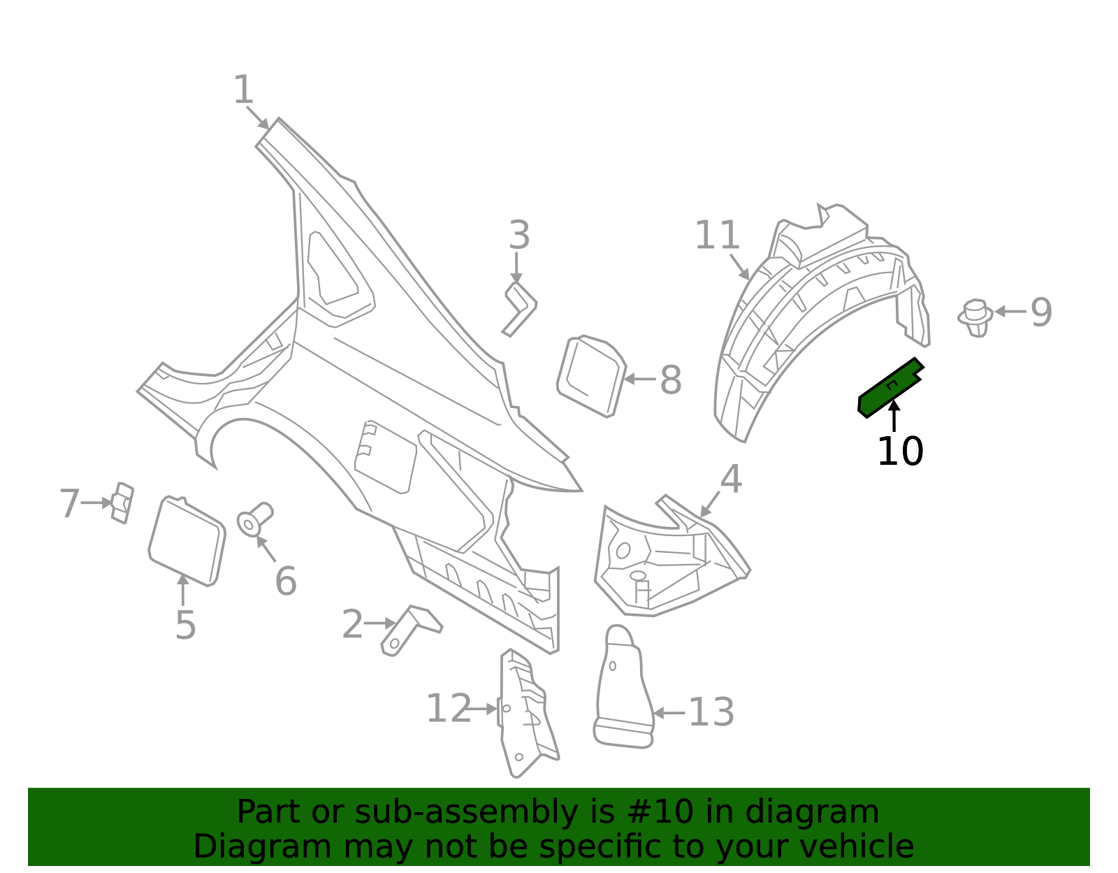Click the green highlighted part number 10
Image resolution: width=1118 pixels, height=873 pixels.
tap(890, 388)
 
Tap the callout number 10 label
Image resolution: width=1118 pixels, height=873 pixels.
tap(900, 452)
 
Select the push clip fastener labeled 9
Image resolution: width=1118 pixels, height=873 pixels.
tap(975, 317)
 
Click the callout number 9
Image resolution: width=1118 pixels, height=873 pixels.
tap(1040, 312)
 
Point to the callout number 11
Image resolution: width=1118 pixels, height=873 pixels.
tap(717, 236)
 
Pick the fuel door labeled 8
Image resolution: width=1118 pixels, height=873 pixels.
tap(590, 375)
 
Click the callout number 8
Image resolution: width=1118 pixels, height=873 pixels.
tap(670, 381)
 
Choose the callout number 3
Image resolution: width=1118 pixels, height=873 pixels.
tap(519, 236)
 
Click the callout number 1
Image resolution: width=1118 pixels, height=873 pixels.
tap(243, 91)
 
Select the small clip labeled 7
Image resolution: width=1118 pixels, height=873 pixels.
tap(122, 503)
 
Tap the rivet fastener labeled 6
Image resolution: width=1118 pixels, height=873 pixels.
tap(254, 519)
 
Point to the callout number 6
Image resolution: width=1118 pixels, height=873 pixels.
tap(286, 582)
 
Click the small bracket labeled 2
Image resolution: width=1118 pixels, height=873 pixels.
tap(411, 628)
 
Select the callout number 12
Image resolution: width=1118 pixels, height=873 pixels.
tap(449, 709)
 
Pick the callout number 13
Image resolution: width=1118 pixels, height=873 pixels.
tap(711, 713)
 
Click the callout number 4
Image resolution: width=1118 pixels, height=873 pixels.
tap(731, 480)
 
